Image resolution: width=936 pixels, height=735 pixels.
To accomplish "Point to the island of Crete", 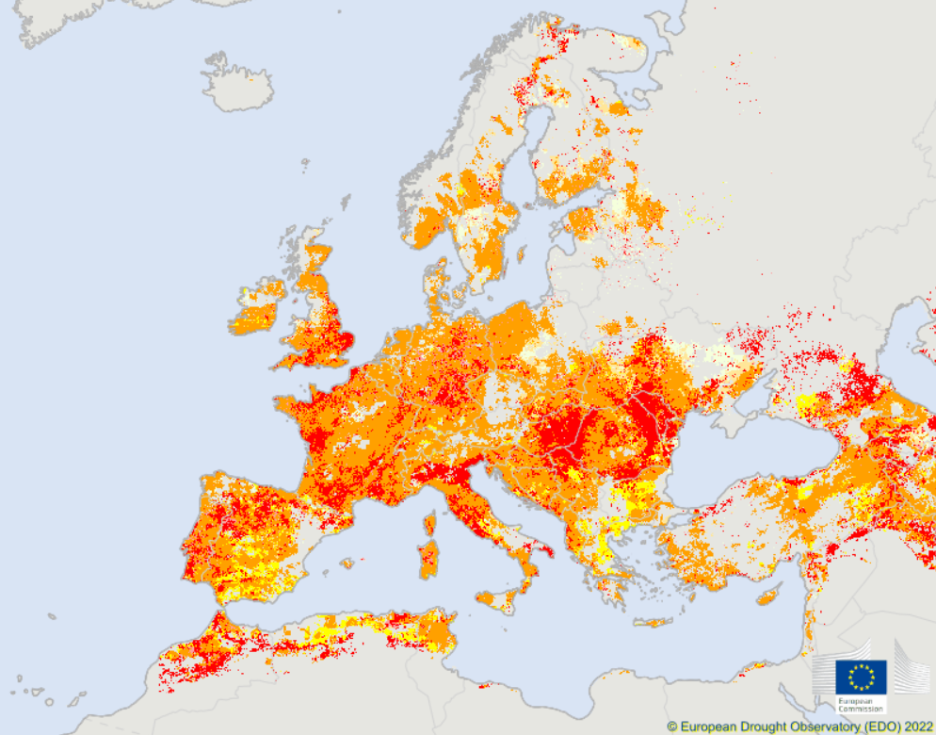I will tap(652, 622).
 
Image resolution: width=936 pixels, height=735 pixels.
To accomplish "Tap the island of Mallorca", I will tap(350, 563).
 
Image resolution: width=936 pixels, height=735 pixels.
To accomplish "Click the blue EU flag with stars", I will tap(861, 675).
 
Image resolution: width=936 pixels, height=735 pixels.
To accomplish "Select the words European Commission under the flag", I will tap(861, 703).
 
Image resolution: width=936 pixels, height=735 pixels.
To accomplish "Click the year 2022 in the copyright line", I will tap(913, 727).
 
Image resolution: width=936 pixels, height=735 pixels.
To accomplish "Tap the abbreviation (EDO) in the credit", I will tap(875, 727).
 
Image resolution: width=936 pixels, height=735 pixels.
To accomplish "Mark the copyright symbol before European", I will tap(672, 727).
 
